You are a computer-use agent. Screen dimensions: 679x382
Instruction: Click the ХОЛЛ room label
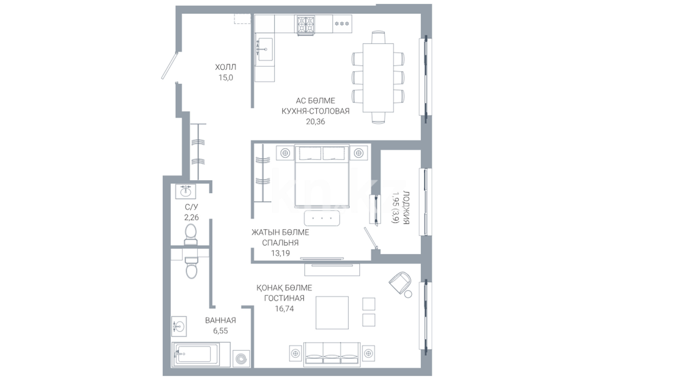point(225,67)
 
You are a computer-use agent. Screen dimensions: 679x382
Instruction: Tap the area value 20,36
point(315,121)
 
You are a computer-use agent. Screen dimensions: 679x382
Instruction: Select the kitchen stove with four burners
point(306,25)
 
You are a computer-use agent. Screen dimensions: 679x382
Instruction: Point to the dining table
point(378,77)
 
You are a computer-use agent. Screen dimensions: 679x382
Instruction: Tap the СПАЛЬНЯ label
point(280,243)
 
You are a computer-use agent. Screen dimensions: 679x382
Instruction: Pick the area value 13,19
point(280,253)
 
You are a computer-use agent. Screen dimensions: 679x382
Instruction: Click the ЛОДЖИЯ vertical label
point(406,208)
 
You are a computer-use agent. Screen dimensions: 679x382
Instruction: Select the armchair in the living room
point(401,283)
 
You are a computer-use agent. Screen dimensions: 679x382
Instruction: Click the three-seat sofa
point(332,353)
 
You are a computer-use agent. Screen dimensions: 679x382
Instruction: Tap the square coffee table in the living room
point(332,313)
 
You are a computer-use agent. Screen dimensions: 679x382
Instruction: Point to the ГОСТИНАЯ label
point(284,298)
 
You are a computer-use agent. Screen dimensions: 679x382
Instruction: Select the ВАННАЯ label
point(220,320)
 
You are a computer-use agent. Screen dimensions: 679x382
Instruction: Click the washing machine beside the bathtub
point(242,359)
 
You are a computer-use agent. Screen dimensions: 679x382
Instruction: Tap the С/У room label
point(191,207)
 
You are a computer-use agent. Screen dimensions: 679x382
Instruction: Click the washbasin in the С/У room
point(185,191)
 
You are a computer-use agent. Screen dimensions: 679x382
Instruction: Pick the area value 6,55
point(220,331)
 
